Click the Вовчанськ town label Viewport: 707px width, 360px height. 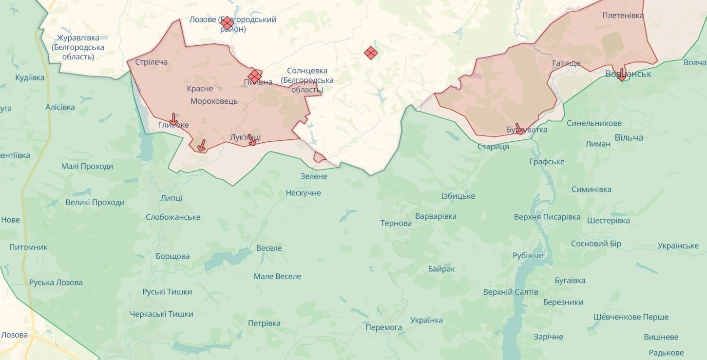tap(628, 74)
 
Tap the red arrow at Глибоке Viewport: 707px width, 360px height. tap(173, 119)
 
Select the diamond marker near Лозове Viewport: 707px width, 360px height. tap(227, 23)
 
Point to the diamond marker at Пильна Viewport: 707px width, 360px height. tap(254, 76)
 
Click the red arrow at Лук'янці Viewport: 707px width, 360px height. tap(252, 140)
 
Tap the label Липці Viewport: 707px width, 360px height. tap(171, 198)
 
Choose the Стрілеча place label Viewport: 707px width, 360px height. tap(151, 62)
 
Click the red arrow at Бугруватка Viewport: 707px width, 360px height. tap(519, 129)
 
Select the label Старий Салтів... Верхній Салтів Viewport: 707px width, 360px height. tap(511, 292)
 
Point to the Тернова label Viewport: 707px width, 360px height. tap(396, 224)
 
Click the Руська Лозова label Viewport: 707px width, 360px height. tap(56, 283)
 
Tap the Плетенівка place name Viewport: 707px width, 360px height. tap(623, 16)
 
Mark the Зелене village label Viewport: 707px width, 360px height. tap(314, 176)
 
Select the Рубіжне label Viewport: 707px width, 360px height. tap(528, 256)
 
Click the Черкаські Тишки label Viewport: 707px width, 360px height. tap(161, 314)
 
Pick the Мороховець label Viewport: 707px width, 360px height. tap(214, 101)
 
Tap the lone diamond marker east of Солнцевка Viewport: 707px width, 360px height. tap(371, 53)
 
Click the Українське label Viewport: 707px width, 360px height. tap(678, 246)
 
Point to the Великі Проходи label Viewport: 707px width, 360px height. tap(95, 203)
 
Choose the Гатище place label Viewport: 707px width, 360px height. tap(566, 64)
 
